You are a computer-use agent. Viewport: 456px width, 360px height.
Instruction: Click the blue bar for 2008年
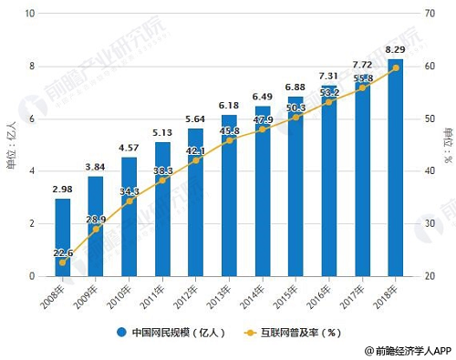[x=62, y=237]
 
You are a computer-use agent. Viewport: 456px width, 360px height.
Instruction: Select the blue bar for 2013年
[x=229, y=195]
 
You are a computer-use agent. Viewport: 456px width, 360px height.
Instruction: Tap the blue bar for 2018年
[x=395, y=168]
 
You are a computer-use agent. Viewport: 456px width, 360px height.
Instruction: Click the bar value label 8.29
[x=396, y=48]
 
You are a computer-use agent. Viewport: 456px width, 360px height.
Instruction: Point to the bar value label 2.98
[x=62, y=189]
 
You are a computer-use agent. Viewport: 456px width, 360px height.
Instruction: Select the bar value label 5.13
[x=162, y=132]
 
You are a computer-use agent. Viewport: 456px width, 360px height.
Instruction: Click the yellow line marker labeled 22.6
[x=62, y=262]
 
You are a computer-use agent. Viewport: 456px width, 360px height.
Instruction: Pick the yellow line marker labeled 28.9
[x=96, y=230]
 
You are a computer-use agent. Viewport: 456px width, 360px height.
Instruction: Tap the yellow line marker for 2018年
[x=395, y=67]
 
